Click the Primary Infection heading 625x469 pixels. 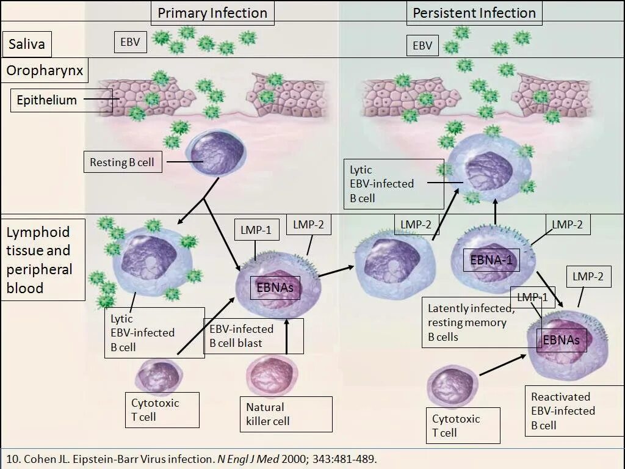(212, 13)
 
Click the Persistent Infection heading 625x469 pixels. (474, 13)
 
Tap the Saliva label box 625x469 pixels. (26, 45)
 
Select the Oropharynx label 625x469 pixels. (45, 71)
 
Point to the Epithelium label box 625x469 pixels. (46, 100)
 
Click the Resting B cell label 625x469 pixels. (121, 162)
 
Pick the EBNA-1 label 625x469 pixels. (494, 261)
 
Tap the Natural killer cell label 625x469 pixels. (268, 414)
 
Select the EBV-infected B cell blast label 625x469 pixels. (241, 336)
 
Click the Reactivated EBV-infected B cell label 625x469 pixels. (563, 411)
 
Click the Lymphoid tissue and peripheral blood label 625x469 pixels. (40, 260)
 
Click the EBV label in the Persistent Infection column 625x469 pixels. (422, 45)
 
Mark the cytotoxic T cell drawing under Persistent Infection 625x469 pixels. (453, 387)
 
